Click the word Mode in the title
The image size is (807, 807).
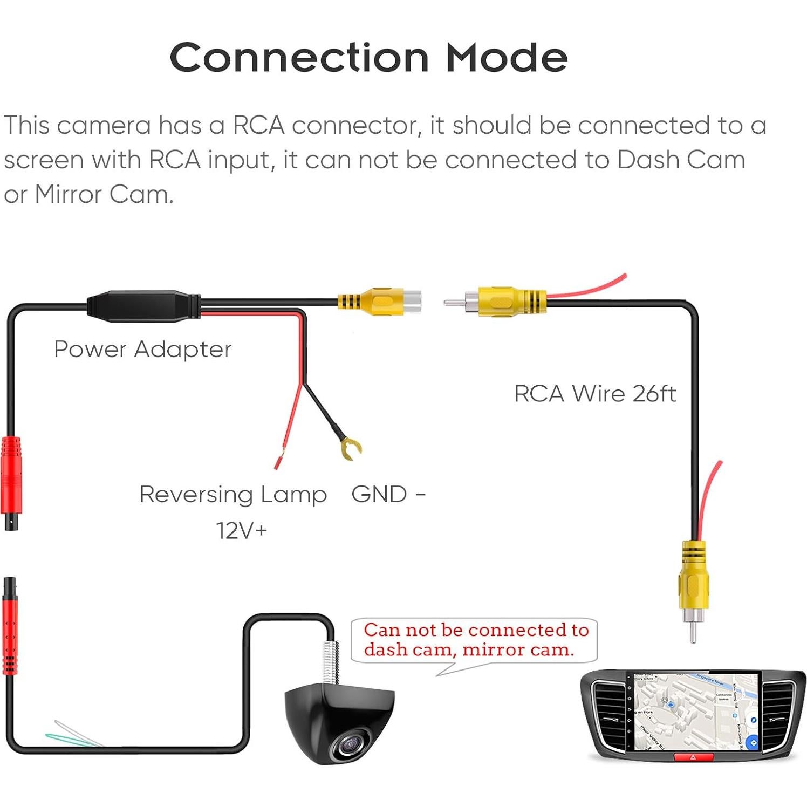(x=507, y=57)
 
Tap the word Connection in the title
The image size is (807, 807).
(x=299, y=57)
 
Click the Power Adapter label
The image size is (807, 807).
(x=143, y=349)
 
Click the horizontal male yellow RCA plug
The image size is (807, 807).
(x=499, y=302)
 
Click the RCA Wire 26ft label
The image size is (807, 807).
(x=594, y=394)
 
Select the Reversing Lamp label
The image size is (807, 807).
(x=233, y=494)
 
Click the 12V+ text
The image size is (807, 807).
(x=242, y=531)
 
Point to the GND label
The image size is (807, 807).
(x=379, y=494)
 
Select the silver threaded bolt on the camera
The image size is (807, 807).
(x=330, y=664)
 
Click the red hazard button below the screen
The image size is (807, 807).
(x=694, y=757)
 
